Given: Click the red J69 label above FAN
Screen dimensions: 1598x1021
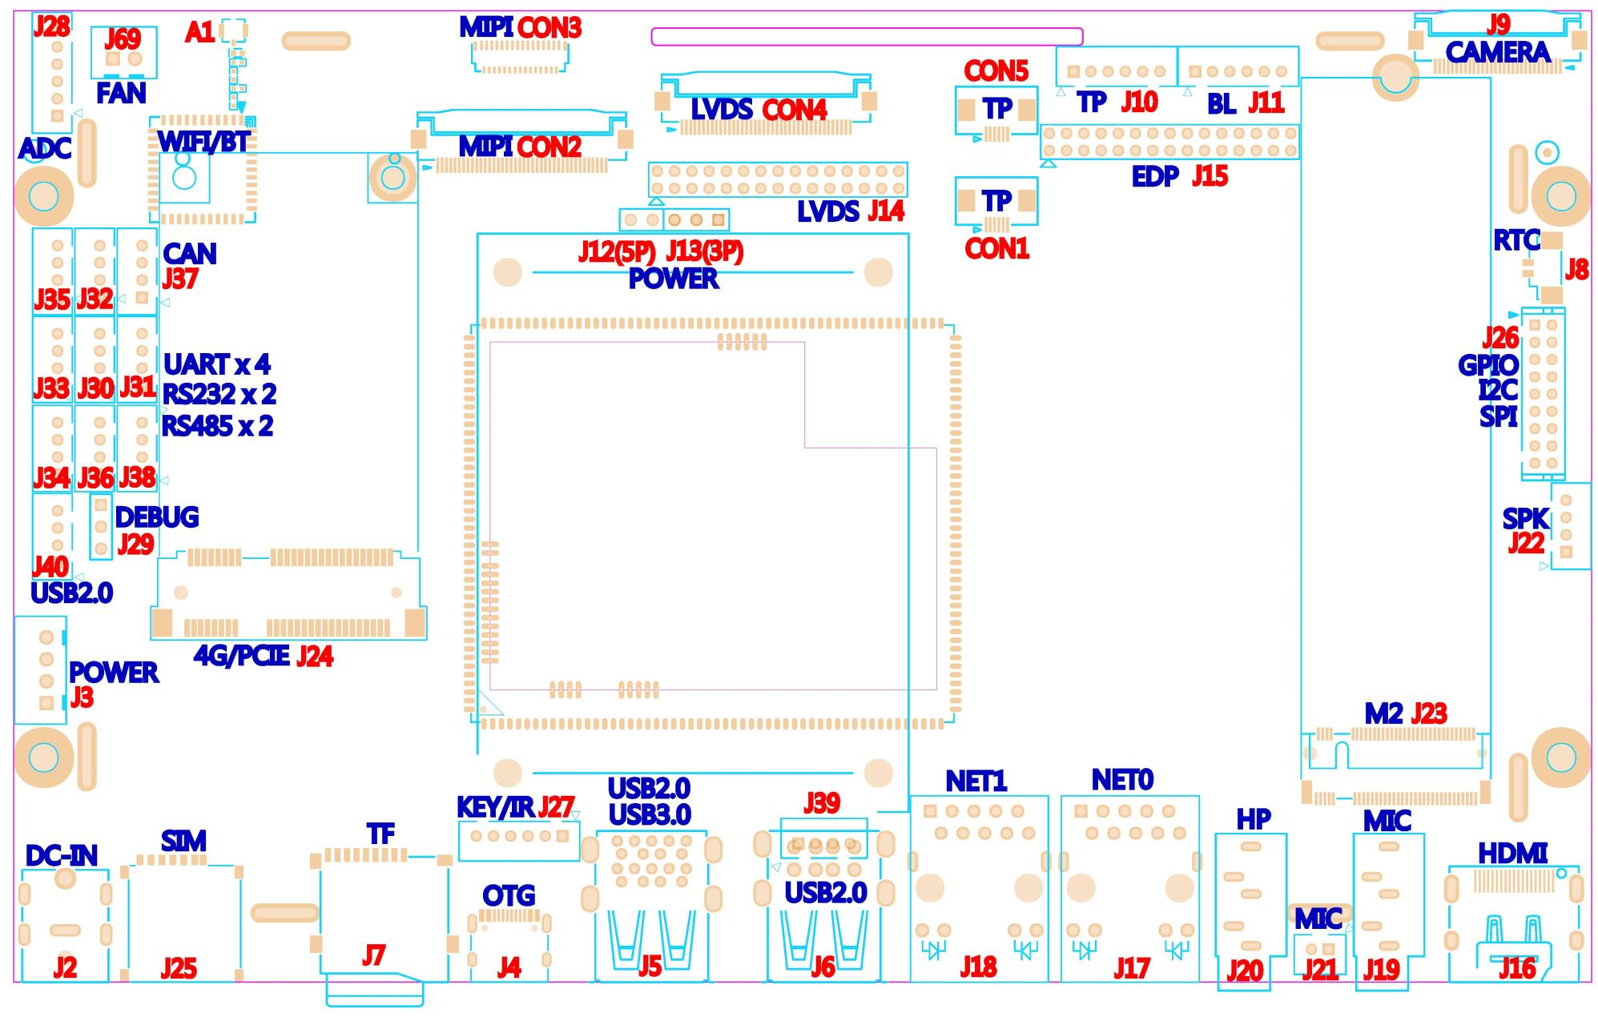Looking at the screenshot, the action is (123, 38).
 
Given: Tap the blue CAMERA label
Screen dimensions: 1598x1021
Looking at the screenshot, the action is (1497, 52).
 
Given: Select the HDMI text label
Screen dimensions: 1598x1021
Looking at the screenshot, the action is (1512, 854).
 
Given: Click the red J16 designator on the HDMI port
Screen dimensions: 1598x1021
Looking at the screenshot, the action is (1517, 968).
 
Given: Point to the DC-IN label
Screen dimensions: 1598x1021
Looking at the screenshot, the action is (62, 856).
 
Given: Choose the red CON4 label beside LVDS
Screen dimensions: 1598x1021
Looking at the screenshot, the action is (794, 109).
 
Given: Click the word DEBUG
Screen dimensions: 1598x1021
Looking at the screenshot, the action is (157, 517).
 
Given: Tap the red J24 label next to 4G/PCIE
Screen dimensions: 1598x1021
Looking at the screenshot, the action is (315, 657).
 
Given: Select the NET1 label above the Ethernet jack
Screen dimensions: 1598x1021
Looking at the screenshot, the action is (976, 781).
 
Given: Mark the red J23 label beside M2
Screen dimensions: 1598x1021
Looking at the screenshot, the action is (1429, 713).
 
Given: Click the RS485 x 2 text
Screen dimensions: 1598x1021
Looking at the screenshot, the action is (217, 426).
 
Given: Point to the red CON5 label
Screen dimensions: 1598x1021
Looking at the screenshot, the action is (996, 70).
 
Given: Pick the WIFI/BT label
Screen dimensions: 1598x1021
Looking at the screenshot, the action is (203, 142).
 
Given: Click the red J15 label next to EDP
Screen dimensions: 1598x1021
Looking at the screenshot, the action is (1210, 176).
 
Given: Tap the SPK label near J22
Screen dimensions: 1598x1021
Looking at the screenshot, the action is (1526, 519).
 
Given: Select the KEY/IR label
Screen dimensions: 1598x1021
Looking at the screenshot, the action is (495, 807).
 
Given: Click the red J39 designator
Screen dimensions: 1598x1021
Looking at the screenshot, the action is (822, 803).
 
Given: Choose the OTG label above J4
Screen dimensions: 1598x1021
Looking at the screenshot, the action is (509, 895).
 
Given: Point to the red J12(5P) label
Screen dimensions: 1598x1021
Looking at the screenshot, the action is (617, 252).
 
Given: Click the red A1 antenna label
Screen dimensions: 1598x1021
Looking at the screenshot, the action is (199, 32).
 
